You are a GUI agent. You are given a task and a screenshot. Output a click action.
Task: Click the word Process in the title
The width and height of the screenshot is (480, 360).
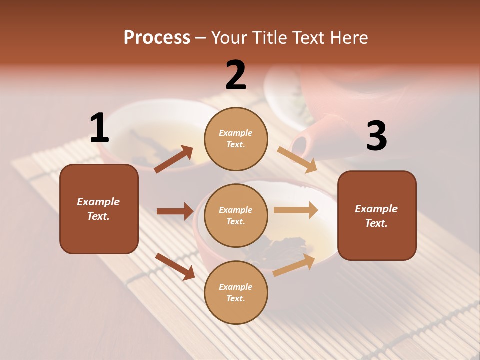coord(157,38)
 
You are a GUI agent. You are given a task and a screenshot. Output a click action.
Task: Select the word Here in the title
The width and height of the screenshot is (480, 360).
coord(347,38)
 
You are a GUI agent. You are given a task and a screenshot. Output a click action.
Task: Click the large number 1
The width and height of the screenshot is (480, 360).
coord(99,128)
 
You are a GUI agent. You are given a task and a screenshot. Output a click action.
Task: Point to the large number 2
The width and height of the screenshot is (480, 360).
coord(236,75)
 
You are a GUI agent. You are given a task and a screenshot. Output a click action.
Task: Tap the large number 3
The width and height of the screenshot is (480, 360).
coord(376,136)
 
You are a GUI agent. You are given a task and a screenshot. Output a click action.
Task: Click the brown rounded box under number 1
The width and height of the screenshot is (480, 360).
coord(99,209)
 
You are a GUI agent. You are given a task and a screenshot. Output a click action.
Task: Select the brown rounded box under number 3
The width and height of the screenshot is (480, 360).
coord(377,215)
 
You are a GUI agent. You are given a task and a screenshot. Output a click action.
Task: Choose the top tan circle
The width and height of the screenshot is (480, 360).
coord(236,139)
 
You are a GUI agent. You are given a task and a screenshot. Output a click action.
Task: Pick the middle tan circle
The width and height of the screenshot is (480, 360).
coord(236,215)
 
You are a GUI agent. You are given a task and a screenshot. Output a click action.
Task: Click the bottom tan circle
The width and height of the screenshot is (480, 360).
coord(236,292)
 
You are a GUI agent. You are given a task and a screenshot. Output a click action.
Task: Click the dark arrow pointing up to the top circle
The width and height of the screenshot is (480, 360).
coord(174,159)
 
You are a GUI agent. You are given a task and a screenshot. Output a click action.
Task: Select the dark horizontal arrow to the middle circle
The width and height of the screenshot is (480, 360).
coord(175,211)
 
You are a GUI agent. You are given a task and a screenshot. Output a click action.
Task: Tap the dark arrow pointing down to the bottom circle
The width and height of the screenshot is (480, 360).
coord(175,266)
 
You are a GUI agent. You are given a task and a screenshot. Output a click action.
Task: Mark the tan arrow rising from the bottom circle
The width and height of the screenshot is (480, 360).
coord(294,265)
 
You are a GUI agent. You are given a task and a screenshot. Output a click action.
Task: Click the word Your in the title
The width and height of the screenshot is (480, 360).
coord(228,38)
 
